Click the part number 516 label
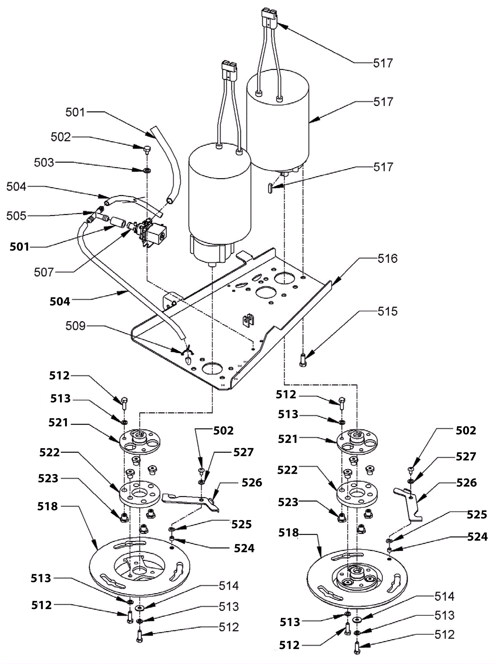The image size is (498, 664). [x=387, y=259]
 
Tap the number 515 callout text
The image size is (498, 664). [x=387, y=311]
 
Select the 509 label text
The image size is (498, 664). [x=75, y=326]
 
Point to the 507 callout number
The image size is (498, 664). [x=44, y=272]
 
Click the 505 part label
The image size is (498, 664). [x=16, y=216]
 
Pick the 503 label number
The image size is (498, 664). [x=44, y=163]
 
